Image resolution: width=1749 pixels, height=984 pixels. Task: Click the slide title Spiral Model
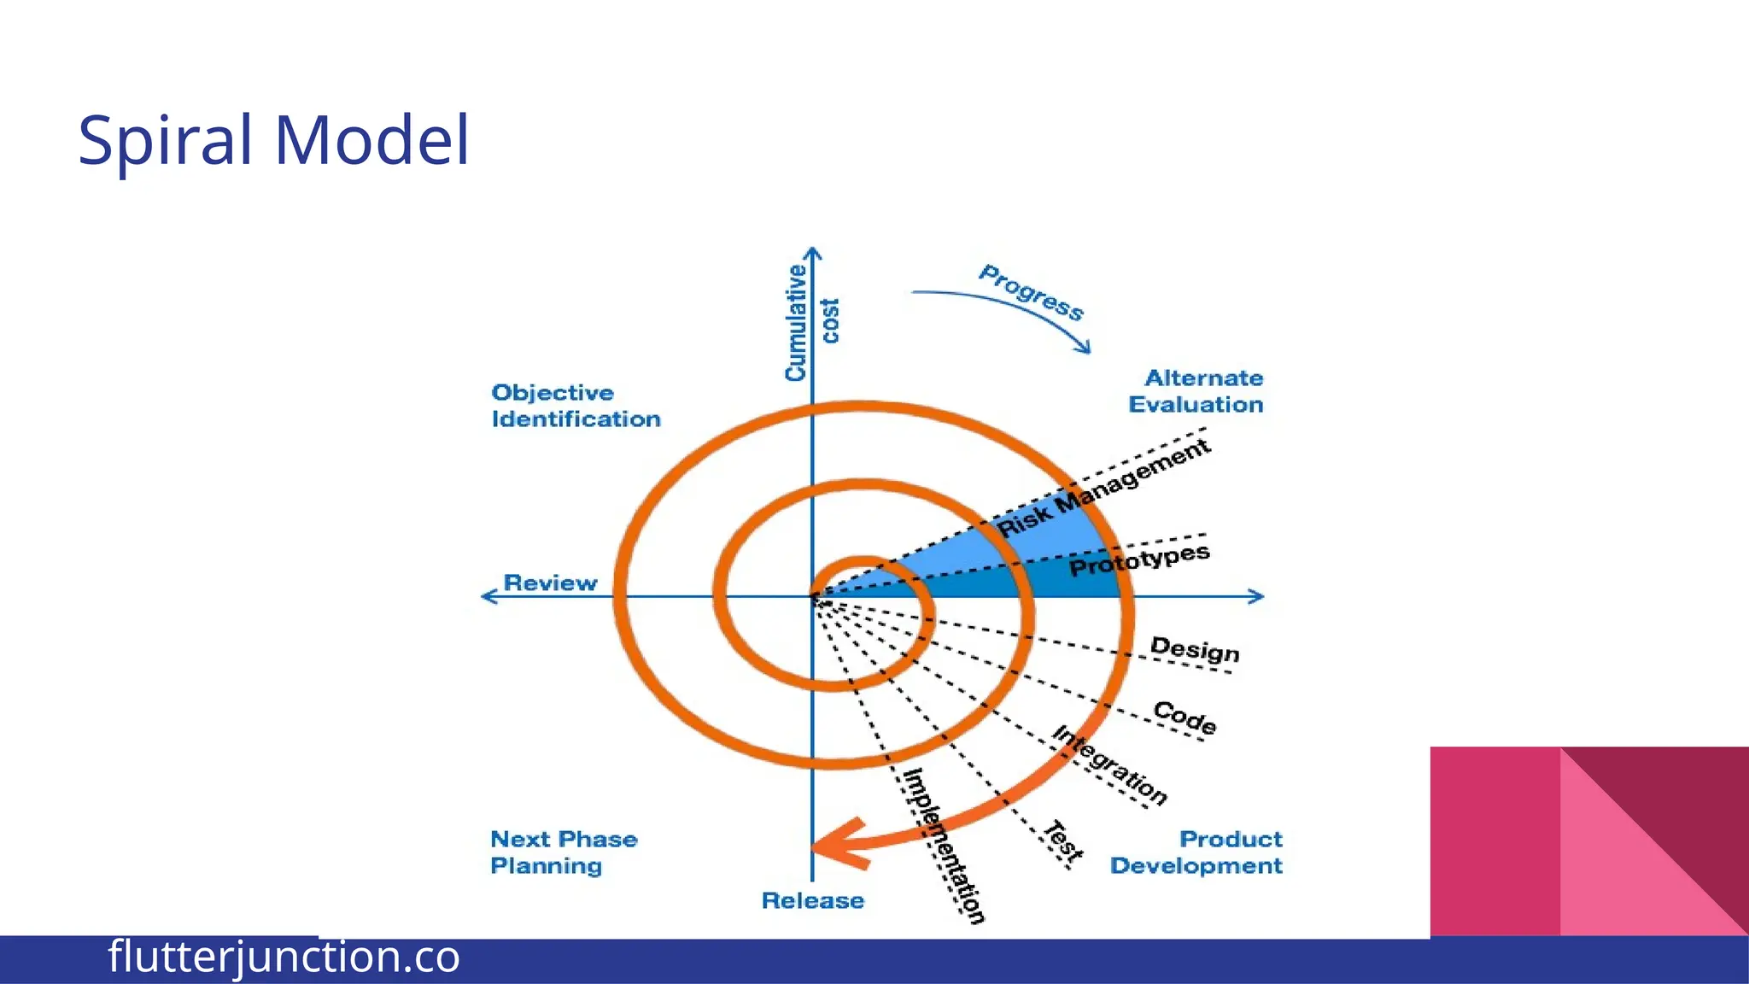click(x=273, y=140)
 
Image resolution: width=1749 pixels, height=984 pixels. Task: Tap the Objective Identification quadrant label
click(x=575, y=406)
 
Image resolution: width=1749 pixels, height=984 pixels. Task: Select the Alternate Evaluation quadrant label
click(x=1196, y=391)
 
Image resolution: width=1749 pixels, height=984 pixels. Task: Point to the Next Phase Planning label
click(x=563, y=852)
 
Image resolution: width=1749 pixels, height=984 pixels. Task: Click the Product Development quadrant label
click(x=1196, y=852)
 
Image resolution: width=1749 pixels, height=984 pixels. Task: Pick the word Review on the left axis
click(x=550, y=583)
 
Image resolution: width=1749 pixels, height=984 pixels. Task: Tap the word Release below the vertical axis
click(x=812, y=900)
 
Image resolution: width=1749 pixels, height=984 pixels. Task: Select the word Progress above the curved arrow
click(x=1031, y=293)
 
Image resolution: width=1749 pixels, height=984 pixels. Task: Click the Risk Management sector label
click(x=1103, y=488)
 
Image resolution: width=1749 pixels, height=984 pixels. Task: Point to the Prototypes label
click(x=1139, y=560)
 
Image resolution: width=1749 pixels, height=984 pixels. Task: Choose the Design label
click(x=1194, y=650)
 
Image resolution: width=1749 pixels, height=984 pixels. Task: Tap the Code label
click(x=1185, y=717)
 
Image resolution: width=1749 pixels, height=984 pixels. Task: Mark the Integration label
click(x=1108, y=765)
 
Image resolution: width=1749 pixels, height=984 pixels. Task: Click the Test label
click(x=1063, y=841)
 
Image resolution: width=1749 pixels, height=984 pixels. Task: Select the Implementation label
click(x=945, y=846)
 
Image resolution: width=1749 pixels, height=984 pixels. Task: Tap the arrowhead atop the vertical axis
click(x=813, y=253)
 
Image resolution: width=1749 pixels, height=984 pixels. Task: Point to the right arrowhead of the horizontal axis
click(x=1257, y=596)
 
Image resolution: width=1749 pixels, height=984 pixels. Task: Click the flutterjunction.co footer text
click(x=284, y=957)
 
